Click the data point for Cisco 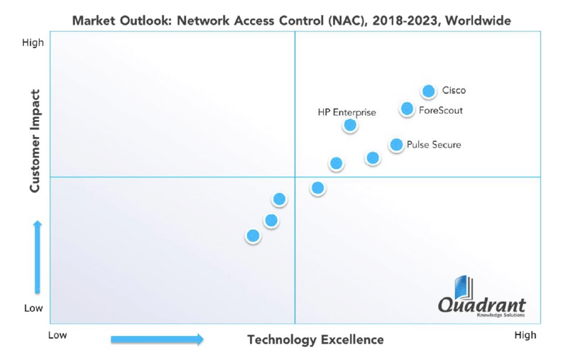point(428,91)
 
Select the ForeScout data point point(407,109)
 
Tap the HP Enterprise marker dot point(349,125)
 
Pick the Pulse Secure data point point(396,145)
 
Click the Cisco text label point(454,91)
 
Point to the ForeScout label point(441,110)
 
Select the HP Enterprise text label point(346,112)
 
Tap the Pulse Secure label point(434,145)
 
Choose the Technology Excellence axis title point(315,339)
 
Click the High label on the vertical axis point(33,43)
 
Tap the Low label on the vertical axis point(33,309)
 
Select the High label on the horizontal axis point(525,335)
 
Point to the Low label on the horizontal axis point(58,335)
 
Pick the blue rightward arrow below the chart point(157,339)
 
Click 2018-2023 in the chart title point(393,19)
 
